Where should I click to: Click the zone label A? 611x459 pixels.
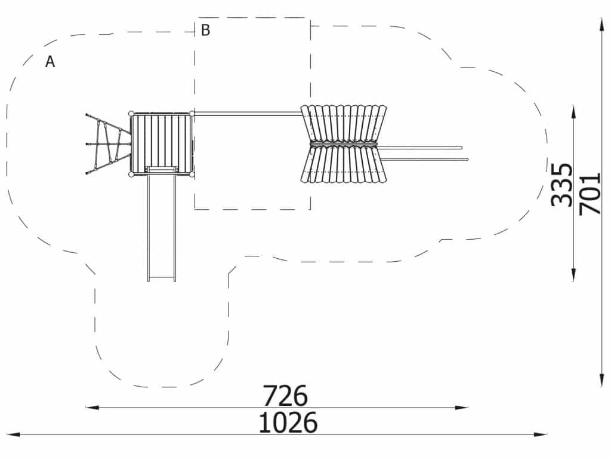(50, 62)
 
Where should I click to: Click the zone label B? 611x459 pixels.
(205, 30)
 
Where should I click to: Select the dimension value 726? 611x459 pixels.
(285, 396)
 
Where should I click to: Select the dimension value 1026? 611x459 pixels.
(288, 423)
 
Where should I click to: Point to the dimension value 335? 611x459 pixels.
(562, 185)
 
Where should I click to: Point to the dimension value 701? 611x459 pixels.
(590, 194)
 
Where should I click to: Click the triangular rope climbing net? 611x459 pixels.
(108, 145)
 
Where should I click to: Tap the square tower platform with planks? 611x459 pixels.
(162, 144)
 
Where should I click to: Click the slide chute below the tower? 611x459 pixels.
(161, 225)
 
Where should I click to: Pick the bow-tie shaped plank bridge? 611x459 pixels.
(344, 144)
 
